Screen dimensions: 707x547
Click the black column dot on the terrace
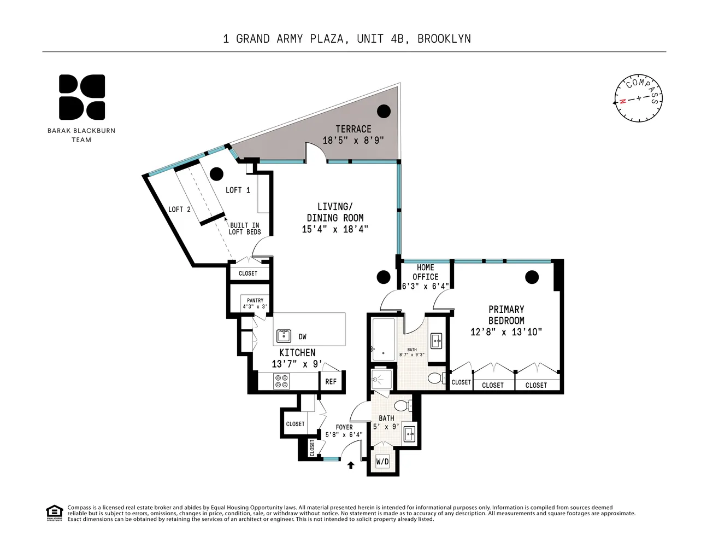[384, 112]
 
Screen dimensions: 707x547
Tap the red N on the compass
[622, 101]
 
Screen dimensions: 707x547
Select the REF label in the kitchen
[331, 382]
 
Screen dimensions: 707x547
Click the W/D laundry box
[382, 461]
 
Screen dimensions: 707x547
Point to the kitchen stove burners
[282, 381]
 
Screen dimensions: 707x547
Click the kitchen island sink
[284, 336]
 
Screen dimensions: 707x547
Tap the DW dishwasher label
[302, 336]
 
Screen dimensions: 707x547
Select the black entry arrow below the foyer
[350, 465]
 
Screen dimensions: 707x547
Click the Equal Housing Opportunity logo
[54, 513]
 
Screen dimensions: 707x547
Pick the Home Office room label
[426, 272]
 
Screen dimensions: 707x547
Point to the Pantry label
[255, 300]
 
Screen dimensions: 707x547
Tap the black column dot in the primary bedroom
[532, 277]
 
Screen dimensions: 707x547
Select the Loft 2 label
[179, 210]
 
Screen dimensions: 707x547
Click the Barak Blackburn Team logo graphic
[82, 97]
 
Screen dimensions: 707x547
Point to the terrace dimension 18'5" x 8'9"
[353, 141]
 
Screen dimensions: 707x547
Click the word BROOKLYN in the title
[444, 39]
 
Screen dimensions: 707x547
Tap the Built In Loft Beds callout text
[245, 229]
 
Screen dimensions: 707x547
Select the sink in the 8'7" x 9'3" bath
[437, 341]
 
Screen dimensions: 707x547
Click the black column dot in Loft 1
[216, 174]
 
